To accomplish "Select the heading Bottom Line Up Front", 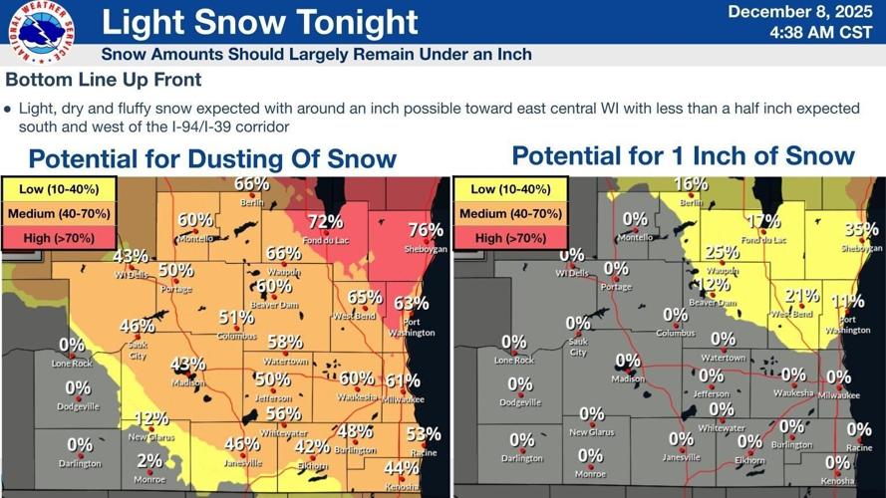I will (104, 80).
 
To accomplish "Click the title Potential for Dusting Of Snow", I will (212, 158).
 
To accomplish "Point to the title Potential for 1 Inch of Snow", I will (683, 155).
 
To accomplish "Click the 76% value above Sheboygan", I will (426, 230).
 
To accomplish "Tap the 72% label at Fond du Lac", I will (325, 221).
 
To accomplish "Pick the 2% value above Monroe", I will (149, 460).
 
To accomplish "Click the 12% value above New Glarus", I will (151, 419).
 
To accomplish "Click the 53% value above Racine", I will (424, 433).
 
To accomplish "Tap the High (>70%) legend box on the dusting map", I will (60, 238).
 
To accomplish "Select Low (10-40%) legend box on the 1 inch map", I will (510, 189).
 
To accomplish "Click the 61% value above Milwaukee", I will (402, 381).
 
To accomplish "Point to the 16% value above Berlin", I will (691, 183).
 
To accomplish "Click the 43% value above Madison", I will (187, 365).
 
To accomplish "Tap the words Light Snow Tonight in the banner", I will (259, 22).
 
